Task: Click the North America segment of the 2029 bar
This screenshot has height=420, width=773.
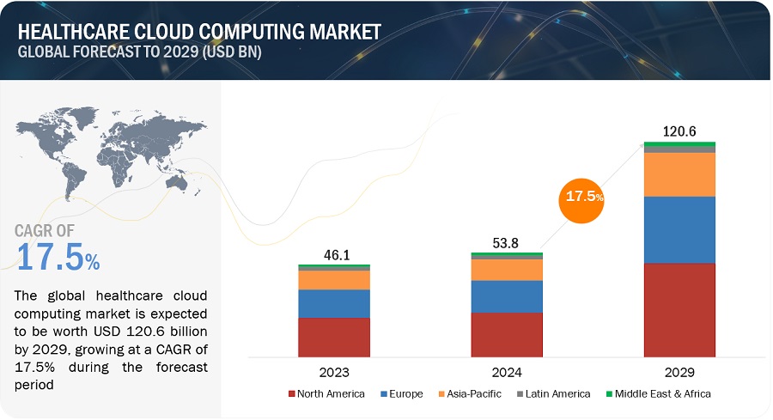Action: coord(679,309)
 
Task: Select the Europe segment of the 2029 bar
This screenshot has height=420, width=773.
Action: coord(679,229)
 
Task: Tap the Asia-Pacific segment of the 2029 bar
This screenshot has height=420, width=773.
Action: coord(679,174)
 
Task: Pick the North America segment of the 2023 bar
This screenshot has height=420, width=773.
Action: coord(334,337)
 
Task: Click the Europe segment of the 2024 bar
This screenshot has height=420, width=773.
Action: coord(507,296)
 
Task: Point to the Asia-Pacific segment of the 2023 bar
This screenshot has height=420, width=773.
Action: coord(334,280)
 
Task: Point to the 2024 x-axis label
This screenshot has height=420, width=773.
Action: coord(507,374)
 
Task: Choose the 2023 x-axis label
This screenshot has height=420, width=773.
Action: coord(334,374)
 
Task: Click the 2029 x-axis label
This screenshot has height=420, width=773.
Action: coord(679,374)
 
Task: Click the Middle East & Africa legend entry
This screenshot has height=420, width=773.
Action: coord(660,393)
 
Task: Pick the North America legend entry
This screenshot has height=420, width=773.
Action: coord(326,393)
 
